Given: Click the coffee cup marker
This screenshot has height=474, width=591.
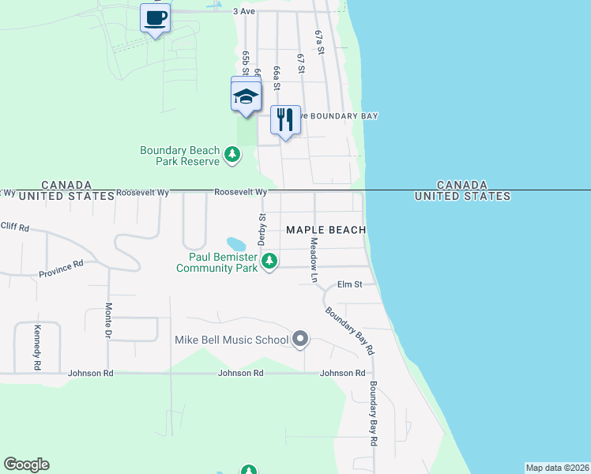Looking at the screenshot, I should pos(156,17).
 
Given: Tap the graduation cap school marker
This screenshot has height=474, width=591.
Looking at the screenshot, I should pos(246,97).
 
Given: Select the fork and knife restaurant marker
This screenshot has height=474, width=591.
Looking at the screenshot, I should pos(285,119).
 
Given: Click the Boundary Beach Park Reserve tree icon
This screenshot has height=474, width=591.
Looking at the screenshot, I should pos(232,153).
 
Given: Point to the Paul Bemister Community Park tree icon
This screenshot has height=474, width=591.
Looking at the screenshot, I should pos(269,260).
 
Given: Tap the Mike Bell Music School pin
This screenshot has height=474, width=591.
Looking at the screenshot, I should pos(300,340).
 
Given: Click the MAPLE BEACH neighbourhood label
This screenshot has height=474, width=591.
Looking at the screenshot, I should pos(326,230).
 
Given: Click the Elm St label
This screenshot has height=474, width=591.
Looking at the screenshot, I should pos(349,284).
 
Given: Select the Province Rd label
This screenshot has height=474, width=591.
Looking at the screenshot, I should pos(61,269).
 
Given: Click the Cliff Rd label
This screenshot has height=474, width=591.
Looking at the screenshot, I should pos(14,227).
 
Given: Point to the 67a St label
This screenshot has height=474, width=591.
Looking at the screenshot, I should pos(320,42).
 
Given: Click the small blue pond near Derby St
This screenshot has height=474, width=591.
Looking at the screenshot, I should pos(235,243).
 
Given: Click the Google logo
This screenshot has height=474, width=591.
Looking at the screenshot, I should pos(26,465).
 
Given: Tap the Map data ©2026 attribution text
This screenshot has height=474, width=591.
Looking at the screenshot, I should pos(557,468).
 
